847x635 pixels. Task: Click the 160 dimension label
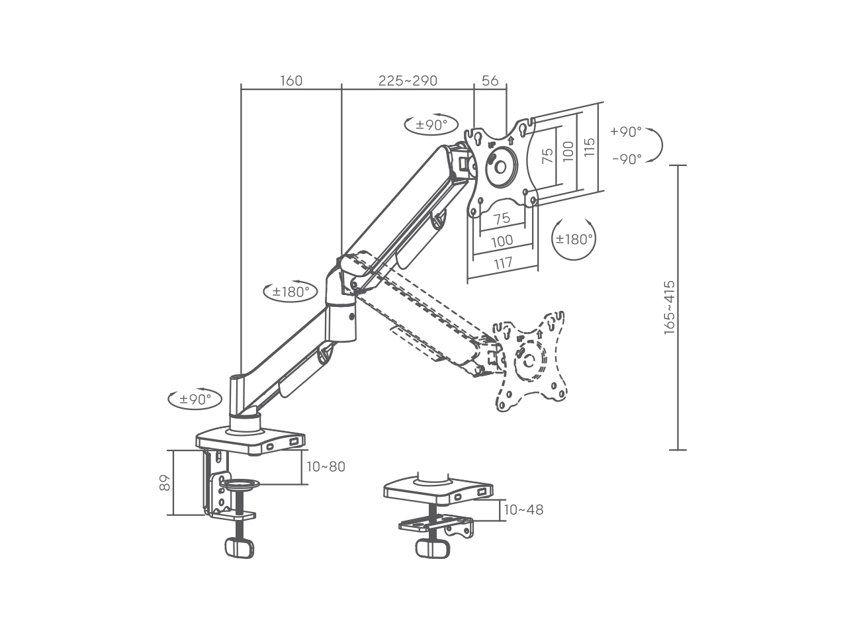[x=291, y=81]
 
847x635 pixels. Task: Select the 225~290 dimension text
[x=408, y=81]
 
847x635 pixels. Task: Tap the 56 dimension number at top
[x=490, y=81]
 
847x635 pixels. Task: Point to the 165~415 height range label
[x=670, y=308]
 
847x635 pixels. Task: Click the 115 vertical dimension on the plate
[x=589, y=148]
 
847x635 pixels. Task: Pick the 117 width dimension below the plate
[x=503, y=263]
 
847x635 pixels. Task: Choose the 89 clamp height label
[x=165, y=482]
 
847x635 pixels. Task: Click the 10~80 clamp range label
[x=326, y=467]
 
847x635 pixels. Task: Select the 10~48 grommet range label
[x=523, y=510]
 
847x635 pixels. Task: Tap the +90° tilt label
[x=626, y=132]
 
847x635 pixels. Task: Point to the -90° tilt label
[x=627, y=159]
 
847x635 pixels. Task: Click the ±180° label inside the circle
[x=574, y=239]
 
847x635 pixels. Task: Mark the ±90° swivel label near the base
[x=195, y=399]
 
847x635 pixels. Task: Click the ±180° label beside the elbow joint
[x=290, y=292]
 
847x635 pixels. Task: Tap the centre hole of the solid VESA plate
[x=500, y=167]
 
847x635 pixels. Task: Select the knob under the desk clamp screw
[x=240, y=548]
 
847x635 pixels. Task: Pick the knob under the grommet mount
[x=433, y=548]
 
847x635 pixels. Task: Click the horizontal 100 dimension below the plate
[x=502, y=241]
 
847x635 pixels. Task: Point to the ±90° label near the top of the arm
[x=431, y=125]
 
